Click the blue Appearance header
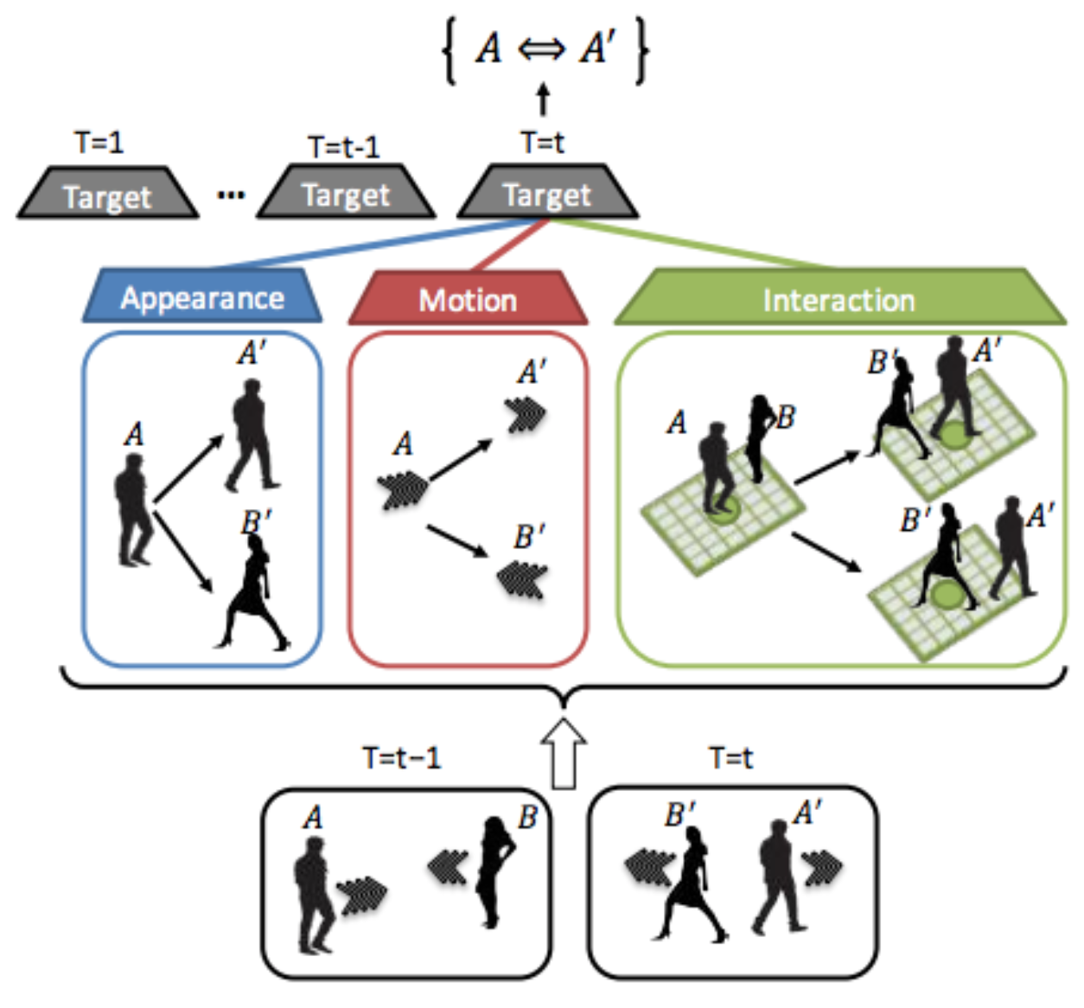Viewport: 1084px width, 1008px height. (202, 297)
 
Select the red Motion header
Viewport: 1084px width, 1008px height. (468, 300)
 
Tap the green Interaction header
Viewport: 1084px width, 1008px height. (839, 300)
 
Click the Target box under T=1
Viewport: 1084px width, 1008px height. (107, 195)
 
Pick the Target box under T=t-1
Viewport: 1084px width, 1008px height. (346, 195)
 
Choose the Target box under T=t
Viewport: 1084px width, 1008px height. (547, 194)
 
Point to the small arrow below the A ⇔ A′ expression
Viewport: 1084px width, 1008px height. (543, 99)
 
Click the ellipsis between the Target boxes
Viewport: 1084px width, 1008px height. (230, 195)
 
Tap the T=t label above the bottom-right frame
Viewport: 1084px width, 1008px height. (730, 758)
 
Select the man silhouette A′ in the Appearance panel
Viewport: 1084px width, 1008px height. (251, 437)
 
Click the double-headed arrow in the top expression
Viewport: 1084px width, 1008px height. (542, 49)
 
